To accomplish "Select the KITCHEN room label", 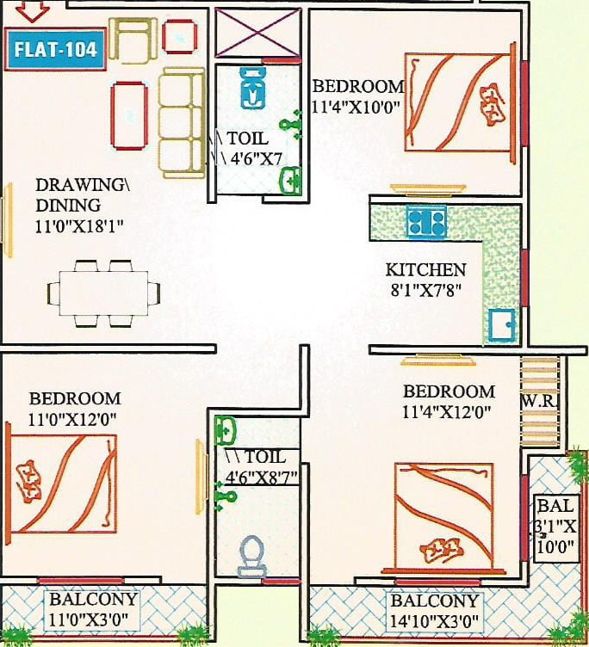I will click(425, 269).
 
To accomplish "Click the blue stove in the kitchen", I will click(425, 224).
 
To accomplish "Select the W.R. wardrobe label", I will click(539, 402).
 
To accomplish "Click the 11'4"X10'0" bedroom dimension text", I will click(357, 108).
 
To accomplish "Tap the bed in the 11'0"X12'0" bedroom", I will click(62, 483).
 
